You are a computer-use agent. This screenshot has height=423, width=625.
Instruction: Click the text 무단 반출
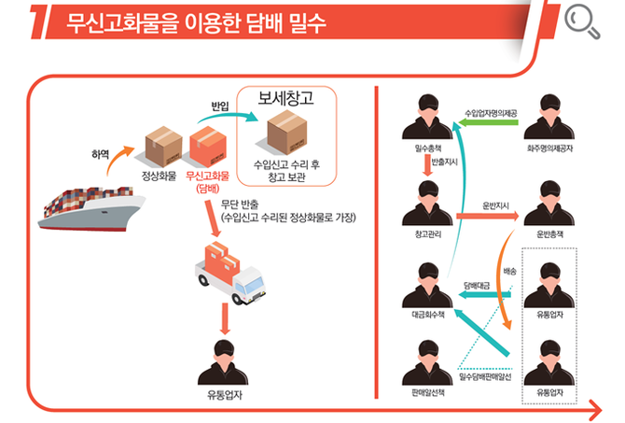[x=241, y=204]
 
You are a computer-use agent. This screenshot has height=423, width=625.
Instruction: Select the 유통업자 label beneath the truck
[x=225, y=394]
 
